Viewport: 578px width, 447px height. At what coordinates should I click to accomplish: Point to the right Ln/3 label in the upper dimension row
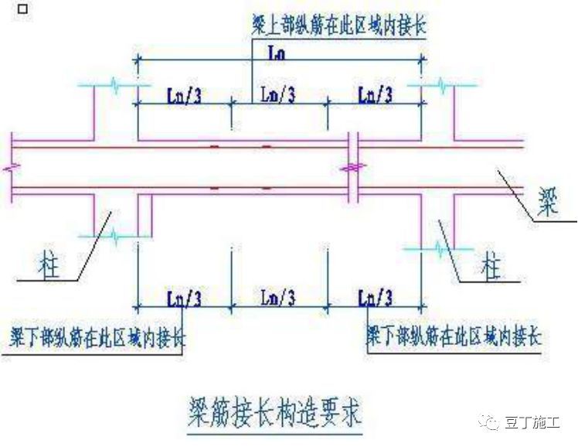click(376, 95)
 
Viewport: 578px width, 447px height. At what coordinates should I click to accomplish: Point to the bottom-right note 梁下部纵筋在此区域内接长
click(454, 338)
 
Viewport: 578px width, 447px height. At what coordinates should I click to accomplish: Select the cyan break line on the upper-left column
click(114, 86)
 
